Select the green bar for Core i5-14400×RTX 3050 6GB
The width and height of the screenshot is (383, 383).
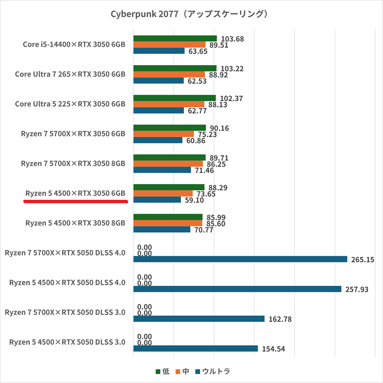175,39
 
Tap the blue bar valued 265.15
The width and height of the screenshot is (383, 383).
240,259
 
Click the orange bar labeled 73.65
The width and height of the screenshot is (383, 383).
163,193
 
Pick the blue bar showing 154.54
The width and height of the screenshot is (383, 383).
195,348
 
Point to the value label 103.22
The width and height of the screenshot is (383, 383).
233,69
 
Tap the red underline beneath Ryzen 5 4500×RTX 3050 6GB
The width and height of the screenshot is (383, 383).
76,202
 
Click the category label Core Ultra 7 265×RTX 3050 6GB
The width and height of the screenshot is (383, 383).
70,74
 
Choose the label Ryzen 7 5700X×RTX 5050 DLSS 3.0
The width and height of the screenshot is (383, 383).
65,312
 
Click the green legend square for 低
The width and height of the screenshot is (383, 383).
158,371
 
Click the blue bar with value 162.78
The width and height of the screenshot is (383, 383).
199,319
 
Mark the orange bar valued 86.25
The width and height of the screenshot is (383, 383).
168,164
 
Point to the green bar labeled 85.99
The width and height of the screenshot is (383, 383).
168,217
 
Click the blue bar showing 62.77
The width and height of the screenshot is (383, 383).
158,110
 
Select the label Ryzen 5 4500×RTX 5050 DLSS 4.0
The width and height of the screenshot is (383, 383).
67,282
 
